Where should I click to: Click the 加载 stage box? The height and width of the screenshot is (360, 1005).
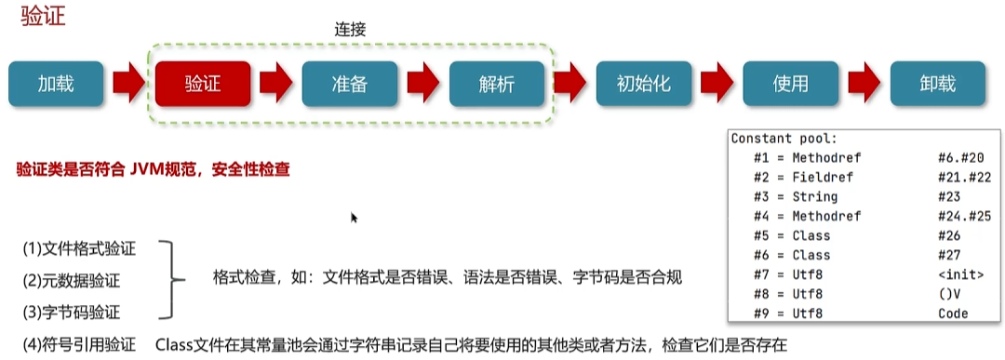[x=56, y=85]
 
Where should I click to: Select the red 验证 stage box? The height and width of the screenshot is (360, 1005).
[x=203, y=85]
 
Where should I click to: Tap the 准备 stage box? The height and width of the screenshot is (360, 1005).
[x=350, y=85]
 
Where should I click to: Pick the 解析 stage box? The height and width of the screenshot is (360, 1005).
[x=496, y=85]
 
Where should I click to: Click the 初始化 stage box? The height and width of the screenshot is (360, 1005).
[x=643, y=85]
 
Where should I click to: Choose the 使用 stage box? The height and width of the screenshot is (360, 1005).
[x=790, y=85]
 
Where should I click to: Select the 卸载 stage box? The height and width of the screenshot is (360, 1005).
[x=937, y=85]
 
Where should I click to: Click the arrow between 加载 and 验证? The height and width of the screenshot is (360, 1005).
[x=129, y=85]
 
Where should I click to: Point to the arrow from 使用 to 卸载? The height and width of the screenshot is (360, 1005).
[x=864, y=85]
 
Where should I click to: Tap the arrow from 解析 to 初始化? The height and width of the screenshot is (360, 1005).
[x=569, y=85]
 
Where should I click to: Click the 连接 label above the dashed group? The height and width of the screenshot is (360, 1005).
[x=350, y=30]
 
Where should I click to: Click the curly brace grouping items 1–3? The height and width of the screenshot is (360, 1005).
[x=167, y=279]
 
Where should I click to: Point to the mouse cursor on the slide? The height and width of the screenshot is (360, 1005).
[x=354, y=218]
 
